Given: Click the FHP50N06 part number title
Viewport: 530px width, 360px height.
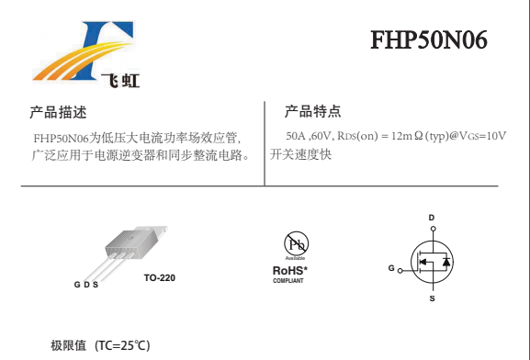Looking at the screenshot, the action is [x=429, y=39].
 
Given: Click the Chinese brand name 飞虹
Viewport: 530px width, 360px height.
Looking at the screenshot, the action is [x=120, y=81].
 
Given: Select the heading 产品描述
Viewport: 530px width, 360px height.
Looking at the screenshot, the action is [x=58, y=112].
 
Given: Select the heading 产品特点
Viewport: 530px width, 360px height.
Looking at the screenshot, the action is [x=312, y=111].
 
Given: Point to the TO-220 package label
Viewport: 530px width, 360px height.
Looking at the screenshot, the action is [x=160, y=278].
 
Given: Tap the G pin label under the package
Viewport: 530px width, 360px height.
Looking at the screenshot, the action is [x=77, y=285].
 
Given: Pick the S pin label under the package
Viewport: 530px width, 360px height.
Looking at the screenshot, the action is [x=96, y=285].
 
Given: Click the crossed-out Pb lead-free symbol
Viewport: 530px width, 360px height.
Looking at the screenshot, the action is [x=296, y=243].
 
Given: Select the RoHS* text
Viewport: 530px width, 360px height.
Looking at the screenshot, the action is [x=290, y=270].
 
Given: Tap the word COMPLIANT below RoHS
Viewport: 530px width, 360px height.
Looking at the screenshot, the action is [x=288, y=281].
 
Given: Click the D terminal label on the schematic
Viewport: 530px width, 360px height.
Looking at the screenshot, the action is [x=432, y=218].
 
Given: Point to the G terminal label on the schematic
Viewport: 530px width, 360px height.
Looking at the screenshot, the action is [x=391, y=268].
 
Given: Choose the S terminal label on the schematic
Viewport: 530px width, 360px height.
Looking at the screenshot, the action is [x=432, y=298].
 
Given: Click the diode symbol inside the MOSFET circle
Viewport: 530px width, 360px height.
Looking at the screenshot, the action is [x=446, y=262].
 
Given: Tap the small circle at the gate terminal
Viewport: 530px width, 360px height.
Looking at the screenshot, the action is [x=400, y=271].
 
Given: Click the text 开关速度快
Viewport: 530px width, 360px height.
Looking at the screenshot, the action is [x=300, y=154].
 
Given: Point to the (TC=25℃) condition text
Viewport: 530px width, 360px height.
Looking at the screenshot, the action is [x=122, y=345].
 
